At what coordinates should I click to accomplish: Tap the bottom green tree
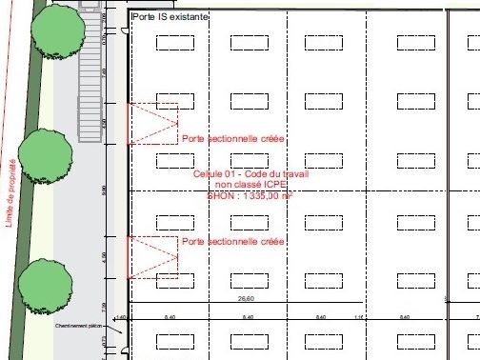45,280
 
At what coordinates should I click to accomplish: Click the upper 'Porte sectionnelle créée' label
232,140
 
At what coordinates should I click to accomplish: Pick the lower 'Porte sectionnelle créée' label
232,243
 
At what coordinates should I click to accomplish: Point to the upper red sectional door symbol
152,124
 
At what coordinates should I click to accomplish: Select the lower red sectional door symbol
152,257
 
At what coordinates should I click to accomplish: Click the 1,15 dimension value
358,317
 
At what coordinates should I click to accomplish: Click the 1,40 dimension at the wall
120,317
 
